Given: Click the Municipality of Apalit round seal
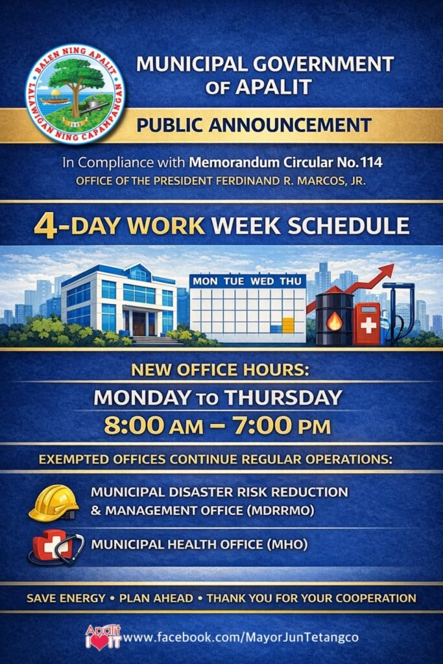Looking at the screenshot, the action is pyautogui.click(x=75, y=93).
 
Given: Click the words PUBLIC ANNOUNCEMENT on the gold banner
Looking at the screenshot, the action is pyautogui.click(x=254, y=125).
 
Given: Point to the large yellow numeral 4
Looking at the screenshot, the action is pyautogui.click(x=45, y=226).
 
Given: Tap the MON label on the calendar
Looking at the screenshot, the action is pyautogui.click(x=205, y=281).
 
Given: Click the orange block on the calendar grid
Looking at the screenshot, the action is pyautogui.click(x=288, y=326).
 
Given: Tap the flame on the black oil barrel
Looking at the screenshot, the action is pyautogui.click(x=334, y=322).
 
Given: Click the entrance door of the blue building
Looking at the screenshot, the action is pyautogui.click(x=139, y=324).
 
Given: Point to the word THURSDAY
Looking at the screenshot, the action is pyautogui.click(x=283, y=397).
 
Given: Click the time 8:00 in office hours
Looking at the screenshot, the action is pyautogui.click(x=134, y=425).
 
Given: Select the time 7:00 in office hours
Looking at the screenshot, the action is pyautogui.click(x=262, y=425).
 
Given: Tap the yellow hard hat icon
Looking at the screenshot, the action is pyautogui.click(x=54, y=503).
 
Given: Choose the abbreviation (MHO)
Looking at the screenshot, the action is pyautogui.click(x=287, y=544).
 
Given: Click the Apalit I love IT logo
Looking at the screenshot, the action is pyautogui.click(x=103, y=637).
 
